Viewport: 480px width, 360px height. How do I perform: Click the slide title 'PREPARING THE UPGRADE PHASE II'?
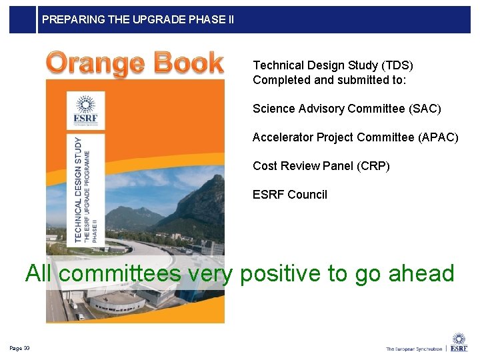point(138,19)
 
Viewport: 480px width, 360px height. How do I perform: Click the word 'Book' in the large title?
point(188,63)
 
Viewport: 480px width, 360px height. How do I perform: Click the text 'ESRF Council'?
point(290,195)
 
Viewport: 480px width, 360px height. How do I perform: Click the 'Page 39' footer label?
point(19,348)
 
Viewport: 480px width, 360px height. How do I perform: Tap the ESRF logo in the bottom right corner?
point(459,342)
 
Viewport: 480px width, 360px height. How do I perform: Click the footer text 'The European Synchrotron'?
point(413,349)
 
